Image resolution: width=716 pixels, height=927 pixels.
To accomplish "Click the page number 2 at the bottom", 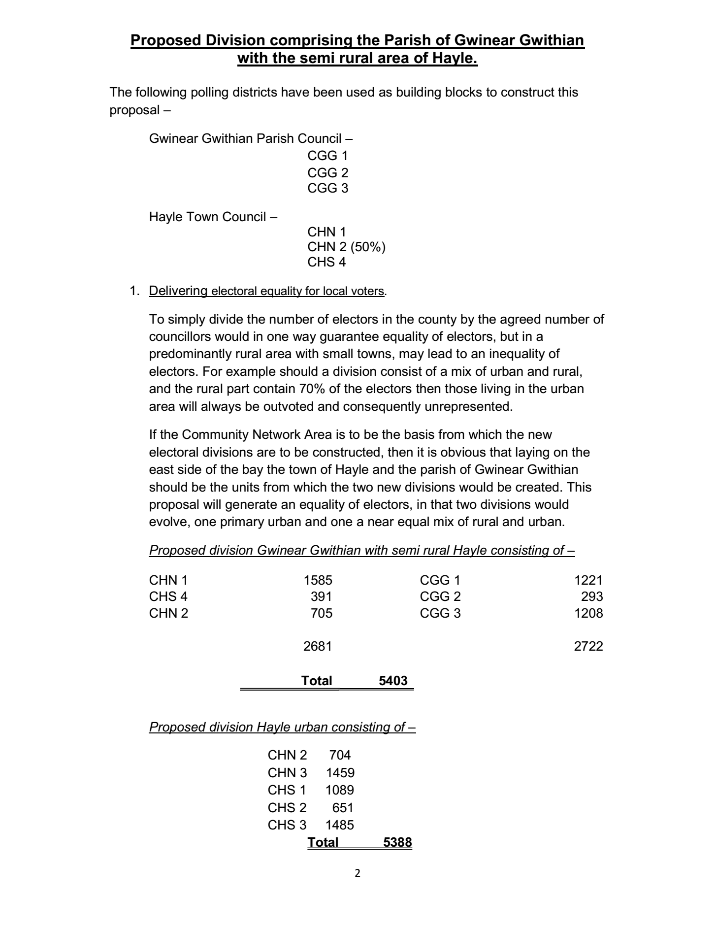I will (x=358, y=873).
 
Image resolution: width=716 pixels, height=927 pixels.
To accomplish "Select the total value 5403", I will (x=393, y=681).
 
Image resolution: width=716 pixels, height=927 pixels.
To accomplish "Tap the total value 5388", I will (x=397, y=842).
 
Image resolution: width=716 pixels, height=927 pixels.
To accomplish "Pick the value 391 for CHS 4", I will (x=321, y=596).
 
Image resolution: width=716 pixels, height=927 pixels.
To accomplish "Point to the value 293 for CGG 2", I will (x=592, y=596).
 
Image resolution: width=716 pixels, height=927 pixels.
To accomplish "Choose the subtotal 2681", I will (x=318, y=646).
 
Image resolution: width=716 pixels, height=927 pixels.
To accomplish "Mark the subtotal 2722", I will (x=588, y=646).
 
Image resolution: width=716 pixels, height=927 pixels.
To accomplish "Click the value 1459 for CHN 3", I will (x=340, y=773).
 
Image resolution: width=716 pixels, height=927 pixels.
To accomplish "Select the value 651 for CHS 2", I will (x=343, y=808).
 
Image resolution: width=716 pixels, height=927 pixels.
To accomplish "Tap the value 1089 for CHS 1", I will (x=340, y=790).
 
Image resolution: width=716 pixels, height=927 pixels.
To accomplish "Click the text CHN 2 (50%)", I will (x=346, y=247).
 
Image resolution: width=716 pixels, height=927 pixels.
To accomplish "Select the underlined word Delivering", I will (x=178, y=291).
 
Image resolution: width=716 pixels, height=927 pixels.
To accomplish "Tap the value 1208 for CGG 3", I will (x=588, y=613).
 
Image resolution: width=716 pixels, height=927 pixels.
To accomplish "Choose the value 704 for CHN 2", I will (x=340, y=755).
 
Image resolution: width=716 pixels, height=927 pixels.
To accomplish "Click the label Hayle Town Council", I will (x=208, y=217).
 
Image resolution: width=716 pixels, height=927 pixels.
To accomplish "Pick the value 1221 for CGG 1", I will (x=588, y=580).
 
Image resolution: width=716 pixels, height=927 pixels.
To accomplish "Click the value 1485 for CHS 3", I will (x=340, y=825).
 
